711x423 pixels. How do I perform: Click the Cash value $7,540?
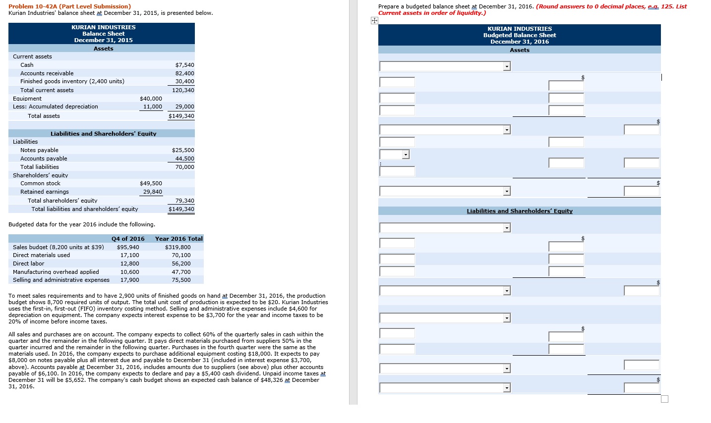184,65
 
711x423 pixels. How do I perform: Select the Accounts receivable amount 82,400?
184,73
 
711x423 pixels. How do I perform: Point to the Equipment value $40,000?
151,99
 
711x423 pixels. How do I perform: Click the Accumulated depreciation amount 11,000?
152,106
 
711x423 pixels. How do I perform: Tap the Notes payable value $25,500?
183,150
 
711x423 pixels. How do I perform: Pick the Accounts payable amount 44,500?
184,159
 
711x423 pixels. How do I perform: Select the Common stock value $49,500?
151,183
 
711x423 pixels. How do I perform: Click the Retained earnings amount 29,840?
152,192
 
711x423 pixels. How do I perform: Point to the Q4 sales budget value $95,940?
128,247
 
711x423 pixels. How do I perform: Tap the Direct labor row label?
28,264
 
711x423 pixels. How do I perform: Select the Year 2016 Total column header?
178,239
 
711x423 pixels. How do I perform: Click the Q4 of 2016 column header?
128,239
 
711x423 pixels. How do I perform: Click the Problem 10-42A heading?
70,6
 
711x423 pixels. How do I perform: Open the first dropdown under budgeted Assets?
507,66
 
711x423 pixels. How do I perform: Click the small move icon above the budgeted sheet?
374,21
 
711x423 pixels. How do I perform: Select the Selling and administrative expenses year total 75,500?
181,280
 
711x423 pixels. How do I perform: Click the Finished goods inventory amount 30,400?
184,81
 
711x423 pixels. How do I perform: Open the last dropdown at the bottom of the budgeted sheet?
507,388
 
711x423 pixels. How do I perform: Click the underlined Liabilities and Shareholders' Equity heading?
519,211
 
